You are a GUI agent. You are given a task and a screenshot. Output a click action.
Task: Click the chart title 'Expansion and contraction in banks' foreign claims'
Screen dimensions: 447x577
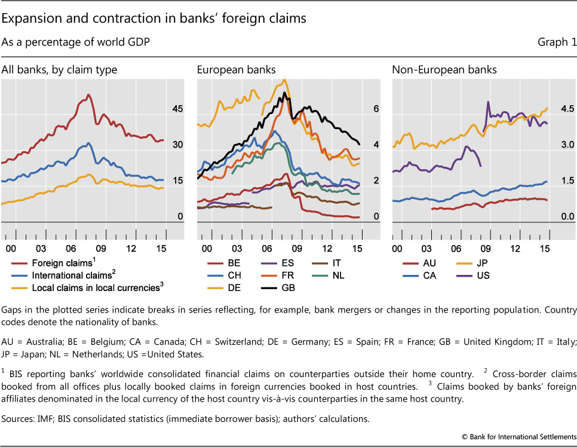(154, 19)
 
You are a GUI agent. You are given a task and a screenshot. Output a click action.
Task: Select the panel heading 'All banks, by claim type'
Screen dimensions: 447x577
(59, 70)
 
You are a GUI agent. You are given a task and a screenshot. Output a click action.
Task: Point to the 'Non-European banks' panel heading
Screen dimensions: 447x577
(444, 70)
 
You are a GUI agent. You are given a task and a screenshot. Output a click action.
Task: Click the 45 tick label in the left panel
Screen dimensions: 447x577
(178, 109)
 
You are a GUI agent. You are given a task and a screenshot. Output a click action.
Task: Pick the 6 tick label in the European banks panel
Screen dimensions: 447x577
(376, 109)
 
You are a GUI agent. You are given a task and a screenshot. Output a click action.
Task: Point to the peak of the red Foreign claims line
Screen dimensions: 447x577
(88, 94)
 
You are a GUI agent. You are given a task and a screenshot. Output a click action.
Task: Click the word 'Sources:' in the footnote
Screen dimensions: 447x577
(19, 419)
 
